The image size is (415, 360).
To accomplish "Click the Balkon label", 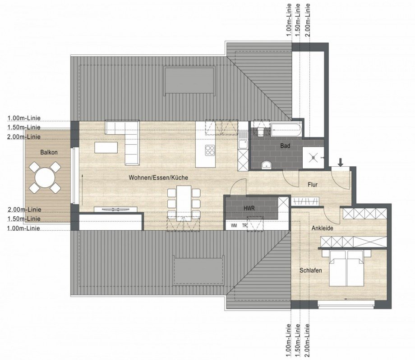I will click(49, 152).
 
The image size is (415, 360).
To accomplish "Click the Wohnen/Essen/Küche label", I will click(158, 178).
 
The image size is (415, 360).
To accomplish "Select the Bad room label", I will click(285, 146).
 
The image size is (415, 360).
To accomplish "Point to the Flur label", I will click(313, 184).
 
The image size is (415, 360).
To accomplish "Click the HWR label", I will click(249, 209).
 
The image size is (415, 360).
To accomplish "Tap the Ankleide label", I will click(322, 228).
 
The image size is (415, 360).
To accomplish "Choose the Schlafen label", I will click(310, 270).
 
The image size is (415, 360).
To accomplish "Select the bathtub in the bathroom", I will click(285, 130).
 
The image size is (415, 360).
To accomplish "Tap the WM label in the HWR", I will click(234, 225).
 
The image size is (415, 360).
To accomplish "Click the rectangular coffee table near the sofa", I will click(106, 147).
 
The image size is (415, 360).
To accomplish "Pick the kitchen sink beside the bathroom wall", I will click(243, 143).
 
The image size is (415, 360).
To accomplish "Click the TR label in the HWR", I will click(244, 225).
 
